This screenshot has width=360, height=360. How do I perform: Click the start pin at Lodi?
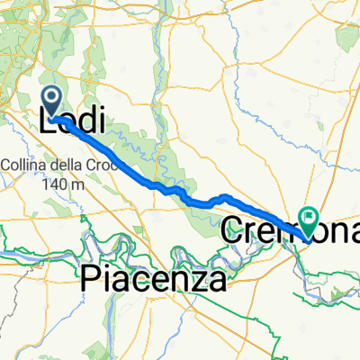pos(52,101)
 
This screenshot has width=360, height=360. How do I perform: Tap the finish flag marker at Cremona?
pos(309,217)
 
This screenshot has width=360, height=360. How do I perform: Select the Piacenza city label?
pos(152,280)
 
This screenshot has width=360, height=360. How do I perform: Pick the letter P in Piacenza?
pos(92,280)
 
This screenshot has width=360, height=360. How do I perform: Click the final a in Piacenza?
pos(216,281)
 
